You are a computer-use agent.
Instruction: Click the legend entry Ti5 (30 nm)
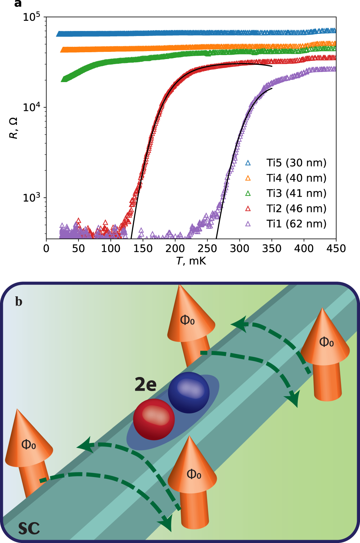click(296, 163)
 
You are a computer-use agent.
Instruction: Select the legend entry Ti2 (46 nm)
click(296, 208)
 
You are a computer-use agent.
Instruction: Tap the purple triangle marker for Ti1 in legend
click(248, 224)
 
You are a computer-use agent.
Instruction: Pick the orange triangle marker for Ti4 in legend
click(248, 178)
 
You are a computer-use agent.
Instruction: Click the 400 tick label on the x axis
click(304, 248)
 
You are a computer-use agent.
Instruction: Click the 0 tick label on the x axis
click(46, 248)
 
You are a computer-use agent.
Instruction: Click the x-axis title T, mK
click(191, 261)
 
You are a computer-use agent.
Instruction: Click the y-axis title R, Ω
click(13, 129)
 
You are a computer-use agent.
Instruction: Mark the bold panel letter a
click(18, 4)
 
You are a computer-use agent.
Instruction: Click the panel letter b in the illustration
click(19, 301)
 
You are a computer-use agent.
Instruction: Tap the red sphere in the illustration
click(154, 419)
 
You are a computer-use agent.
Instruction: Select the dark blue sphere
click(189, 392)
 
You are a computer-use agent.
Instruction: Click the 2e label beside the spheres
click(145, 384)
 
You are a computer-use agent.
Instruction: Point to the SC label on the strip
click(29, 529)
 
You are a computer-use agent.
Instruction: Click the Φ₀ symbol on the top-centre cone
click(188, 320)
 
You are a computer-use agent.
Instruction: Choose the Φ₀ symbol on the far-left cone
click(29, 445)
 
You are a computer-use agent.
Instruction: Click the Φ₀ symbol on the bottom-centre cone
click(194, 474)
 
